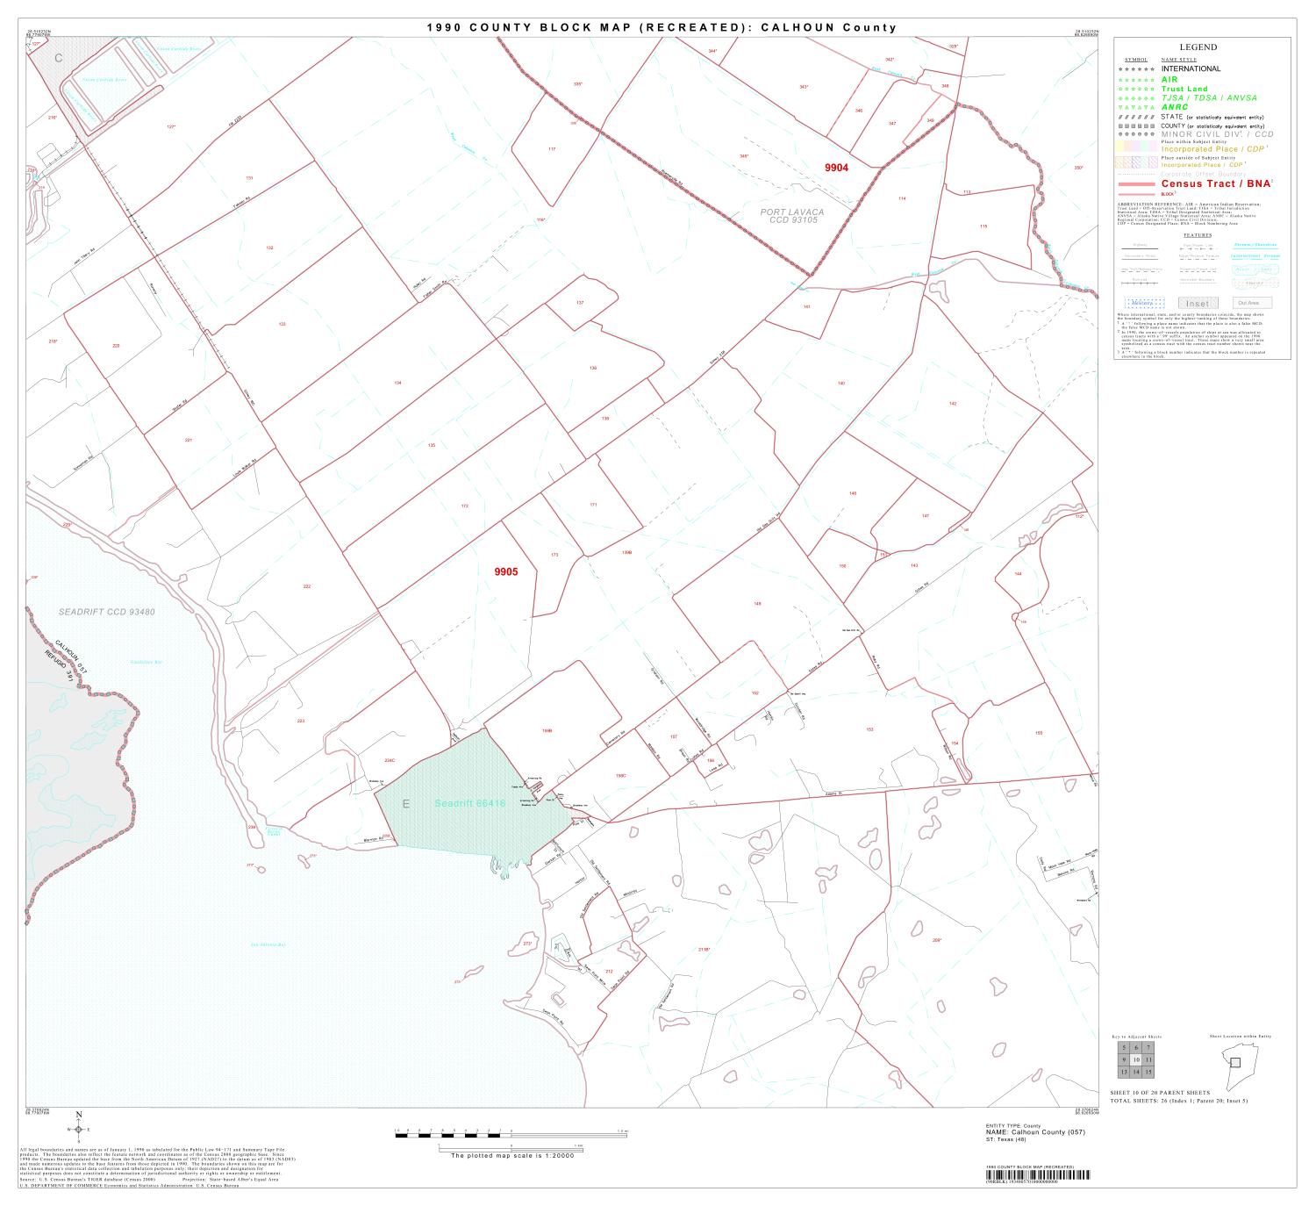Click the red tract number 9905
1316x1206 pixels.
(x=505, y=572)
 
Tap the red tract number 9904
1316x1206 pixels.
(x=836, y=167)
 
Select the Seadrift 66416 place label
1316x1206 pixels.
(x=470, y=803)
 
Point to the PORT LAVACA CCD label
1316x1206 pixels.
(x=792, y=216)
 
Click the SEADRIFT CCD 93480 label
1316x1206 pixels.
(x=107, y=611)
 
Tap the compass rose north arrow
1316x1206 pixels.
(x=79, y=1129)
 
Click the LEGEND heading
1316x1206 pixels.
(x=1198, y=47)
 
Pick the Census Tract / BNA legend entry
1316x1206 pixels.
(x=1216, y=183)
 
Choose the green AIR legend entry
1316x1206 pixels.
(x=1169, y=79)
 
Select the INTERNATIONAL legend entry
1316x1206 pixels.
(x=1191, y=68)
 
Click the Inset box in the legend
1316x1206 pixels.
(x=1198, y=304)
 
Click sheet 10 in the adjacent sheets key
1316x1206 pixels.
(x=1136, y=1059)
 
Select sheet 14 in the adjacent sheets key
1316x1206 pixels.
(x=1136, y=1072)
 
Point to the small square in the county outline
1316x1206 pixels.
(x=1235, y=1062)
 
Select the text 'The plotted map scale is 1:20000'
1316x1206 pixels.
(x=511, y=1156)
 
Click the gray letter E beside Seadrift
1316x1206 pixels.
(x=405, y=804)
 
